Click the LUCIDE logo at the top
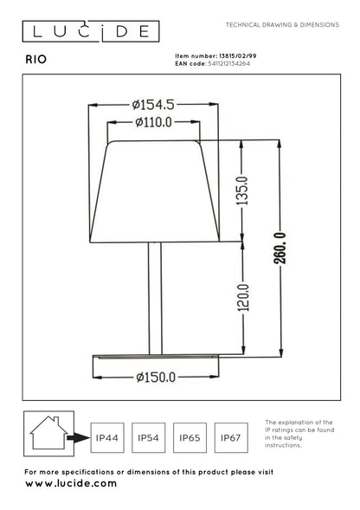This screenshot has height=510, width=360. click(x=90, y=33)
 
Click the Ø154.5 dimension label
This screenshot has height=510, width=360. click(x=154, y=103)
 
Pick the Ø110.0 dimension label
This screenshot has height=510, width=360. click(x=154, y=122)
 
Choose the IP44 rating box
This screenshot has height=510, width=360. click(x=106, y=439)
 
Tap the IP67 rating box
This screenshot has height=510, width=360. click(x=230, y=439)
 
